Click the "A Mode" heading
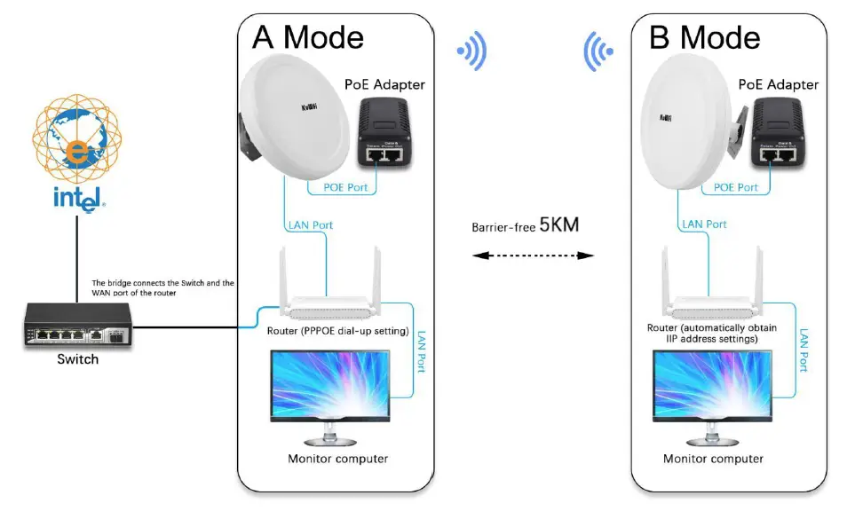coord(308,37)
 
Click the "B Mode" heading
coord(705,37)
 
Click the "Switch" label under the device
coord(77,359)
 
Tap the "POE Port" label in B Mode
coord(736,187)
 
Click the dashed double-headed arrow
coord(532,256)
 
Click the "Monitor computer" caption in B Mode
coord(713,459)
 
